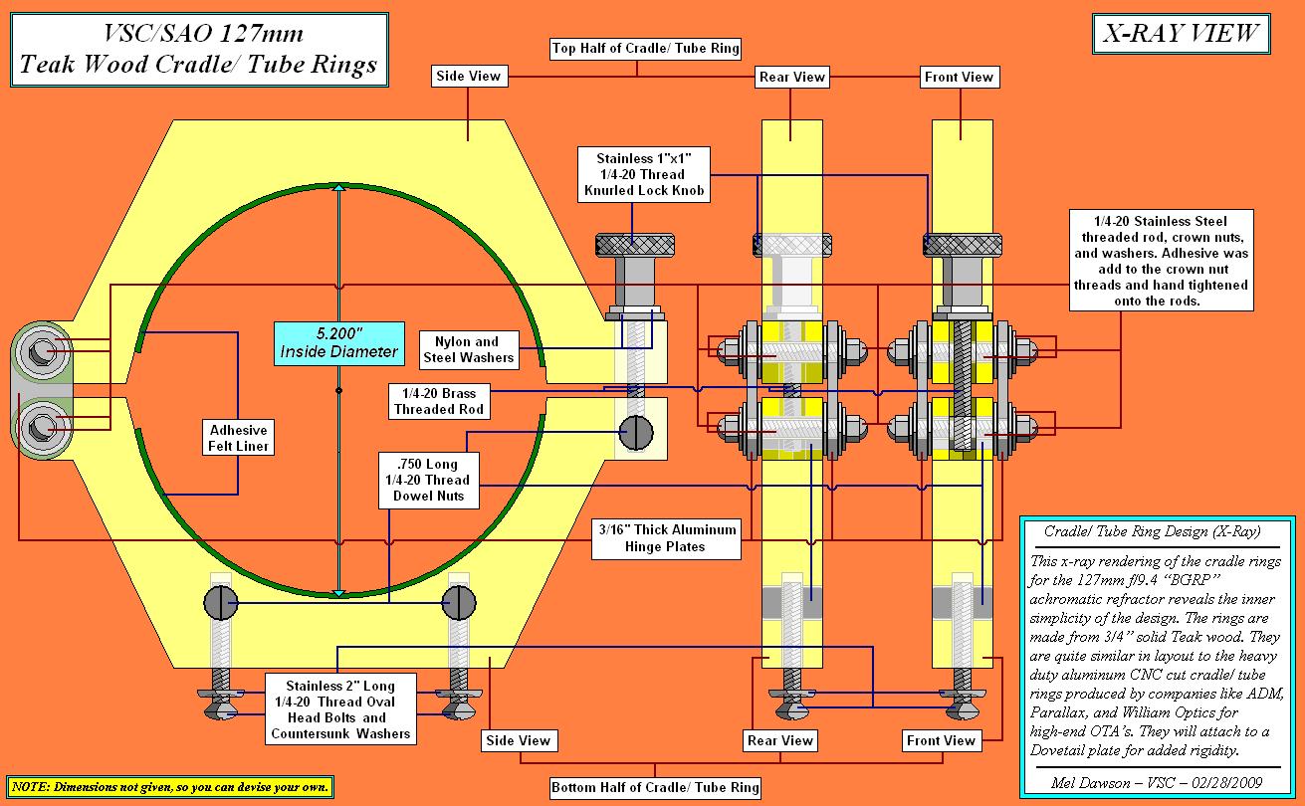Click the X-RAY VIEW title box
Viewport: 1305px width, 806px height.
click(x=1180, y=35)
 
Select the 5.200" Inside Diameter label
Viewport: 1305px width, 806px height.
click(x=339, y=341)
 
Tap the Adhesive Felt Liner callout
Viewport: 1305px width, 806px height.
click(x=238, y=438)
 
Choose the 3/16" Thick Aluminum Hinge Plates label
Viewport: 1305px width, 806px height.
click(x=665, y=537)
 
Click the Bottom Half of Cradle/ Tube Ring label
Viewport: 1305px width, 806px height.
click(x=655, y=788)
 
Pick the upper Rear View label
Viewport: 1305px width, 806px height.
click(x=792, y=77)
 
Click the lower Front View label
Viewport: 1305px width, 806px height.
click(x=941, y=740)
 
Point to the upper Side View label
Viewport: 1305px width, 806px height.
click(x=469, y=76)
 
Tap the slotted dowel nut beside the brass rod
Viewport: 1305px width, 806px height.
click(x=638, y=432)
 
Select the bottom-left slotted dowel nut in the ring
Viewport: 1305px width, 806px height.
click(x=223, y=602)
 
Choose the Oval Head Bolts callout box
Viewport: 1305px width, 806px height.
click(x=340, y=709)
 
